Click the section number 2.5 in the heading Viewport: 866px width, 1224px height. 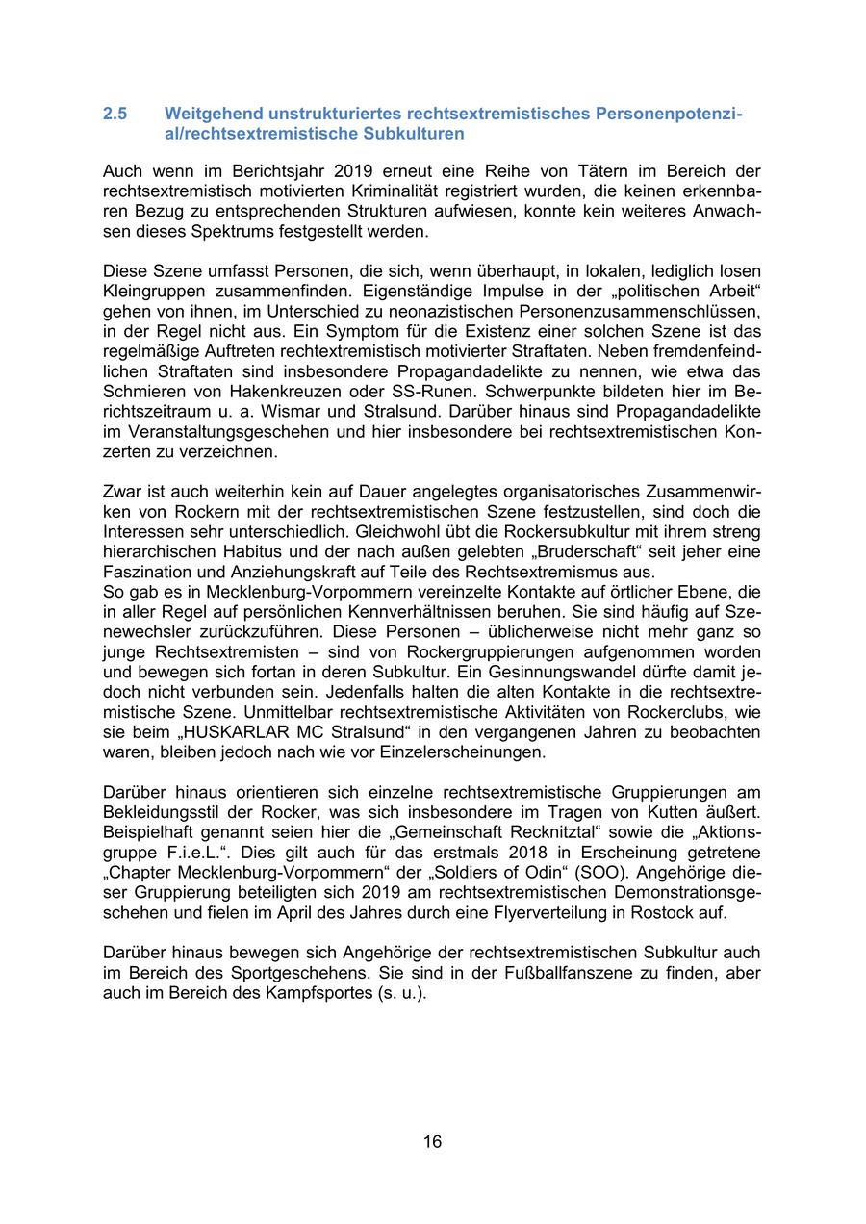coord(115,114)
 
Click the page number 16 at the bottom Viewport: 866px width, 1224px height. coord(432,1141)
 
